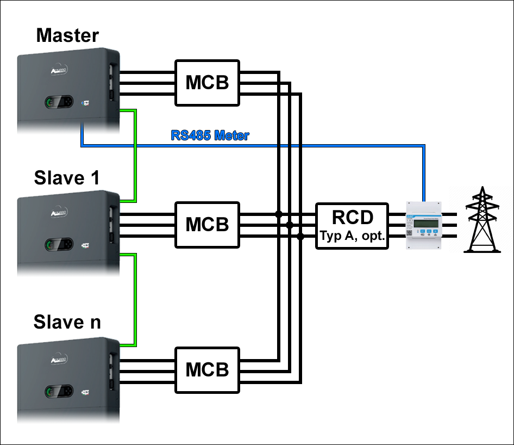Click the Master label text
click(x=67, y=36)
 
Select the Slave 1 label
click(x=67, y=178)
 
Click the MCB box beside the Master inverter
click(x=207, y=83)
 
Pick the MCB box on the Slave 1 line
click(x=207, y=225)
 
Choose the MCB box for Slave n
click(x=207, y=370)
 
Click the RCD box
click(x=353, y=225)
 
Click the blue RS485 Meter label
click(x=210, y=135)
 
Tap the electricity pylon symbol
click(x=481, y=220)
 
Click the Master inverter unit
click(x=67, y=92)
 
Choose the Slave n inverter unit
click(x=67, y=381)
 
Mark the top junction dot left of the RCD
click(x=279, y=214)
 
